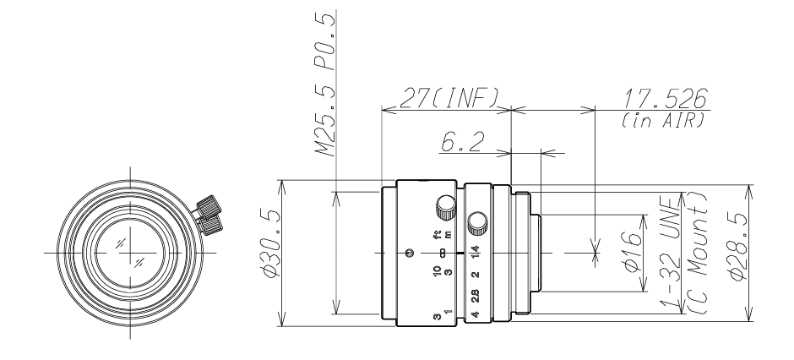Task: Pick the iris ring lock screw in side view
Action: coord(479,221)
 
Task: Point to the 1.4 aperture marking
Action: coord(476,252)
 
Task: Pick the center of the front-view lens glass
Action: coord(130,252)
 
